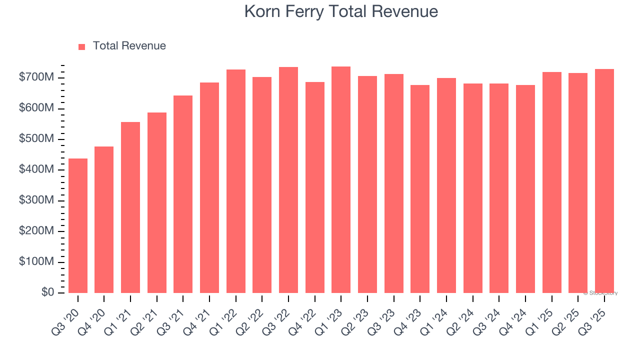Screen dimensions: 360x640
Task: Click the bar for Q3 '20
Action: point(78,225)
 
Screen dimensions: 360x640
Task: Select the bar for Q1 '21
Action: point(130,207)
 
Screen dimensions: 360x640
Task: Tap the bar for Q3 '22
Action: point(288,180)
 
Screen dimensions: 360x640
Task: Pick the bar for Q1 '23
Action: point(341,179)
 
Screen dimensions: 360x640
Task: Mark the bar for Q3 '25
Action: point(604,181)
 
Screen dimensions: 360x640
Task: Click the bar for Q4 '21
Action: point(209,187)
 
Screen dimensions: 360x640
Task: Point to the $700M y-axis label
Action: point(36,77)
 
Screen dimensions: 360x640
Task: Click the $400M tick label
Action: point(36,170)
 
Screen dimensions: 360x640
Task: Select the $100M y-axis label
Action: point(36,262)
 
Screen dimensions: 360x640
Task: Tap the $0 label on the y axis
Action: point(47,292)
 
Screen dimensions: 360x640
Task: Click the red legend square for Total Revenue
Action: point(82,46)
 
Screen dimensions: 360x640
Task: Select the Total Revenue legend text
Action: point(129,46)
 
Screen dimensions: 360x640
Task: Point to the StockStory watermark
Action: point(600,293)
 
